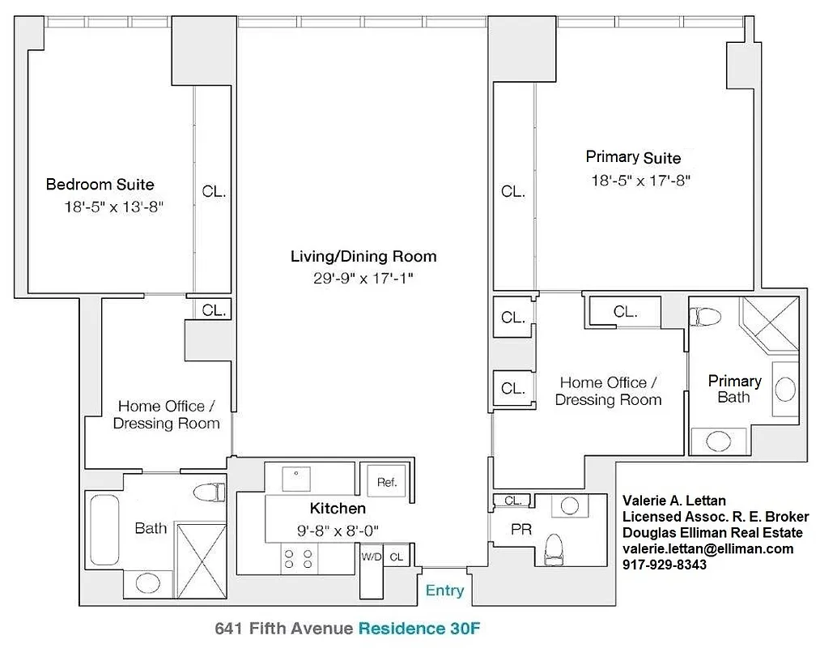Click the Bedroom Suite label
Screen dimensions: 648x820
pos(100,185)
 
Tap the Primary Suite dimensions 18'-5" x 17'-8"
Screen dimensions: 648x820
pos(640,181)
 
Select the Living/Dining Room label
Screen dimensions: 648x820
pos(363,257)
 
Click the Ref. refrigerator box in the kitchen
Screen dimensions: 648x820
pos(387,482)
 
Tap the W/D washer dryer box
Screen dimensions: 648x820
pos(372,556)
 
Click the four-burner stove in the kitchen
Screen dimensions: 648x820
pos(298,559)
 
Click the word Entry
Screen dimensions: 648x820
pos(444,590)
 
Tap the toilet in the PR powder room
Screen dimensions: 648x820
pos(555,549)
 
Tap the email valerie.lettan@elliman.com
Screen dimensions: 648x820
pos(707,548)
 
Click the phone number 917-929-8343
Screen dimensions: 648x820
pos(664,565)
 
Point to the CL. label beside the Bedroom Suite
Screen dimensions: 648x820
pos(214,193)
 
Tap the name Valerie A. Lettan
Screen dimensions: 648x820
pos(673,501)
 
